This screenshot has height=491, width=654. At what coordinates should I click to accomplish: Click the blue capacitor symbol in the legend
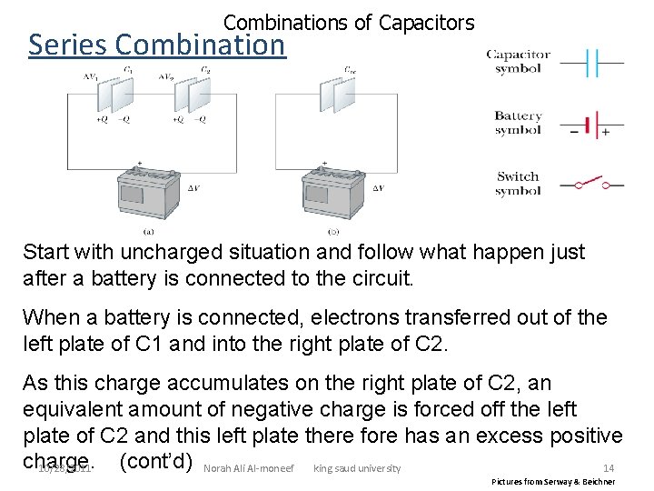coord(591,63)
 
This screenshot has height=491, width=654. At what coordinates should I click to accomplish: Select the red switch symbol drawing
coord(591,184)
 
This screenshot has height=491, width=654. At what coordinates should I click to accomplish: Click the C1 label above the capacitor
coord(128,70)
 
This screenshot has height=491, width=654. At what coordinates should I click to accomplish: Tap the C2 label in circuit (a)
coord(205,70)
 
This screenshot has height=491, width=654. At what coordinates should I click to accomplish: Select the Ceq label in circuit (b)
coord(349,70)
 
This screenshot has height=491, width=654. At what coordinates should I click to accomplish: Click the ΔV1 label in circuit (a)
coord(88,76)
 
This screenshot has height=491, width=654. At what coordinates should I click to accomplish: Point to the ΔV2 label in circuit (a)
coord(166,76)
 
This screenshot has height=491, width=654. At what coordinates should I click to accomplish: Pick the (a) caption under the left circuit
coord(148,230)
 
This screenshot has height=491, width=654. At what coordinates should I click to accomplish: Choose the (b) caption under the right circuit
coord(326,230)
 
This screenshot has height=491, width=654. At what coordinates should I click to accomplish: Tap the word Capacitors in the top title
coord(428,22)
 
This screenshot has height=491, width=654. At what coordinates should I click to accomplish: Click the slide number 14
coord(609,468)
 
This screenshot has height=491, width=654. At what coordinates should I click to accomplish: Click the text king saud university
coord(356,469)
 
